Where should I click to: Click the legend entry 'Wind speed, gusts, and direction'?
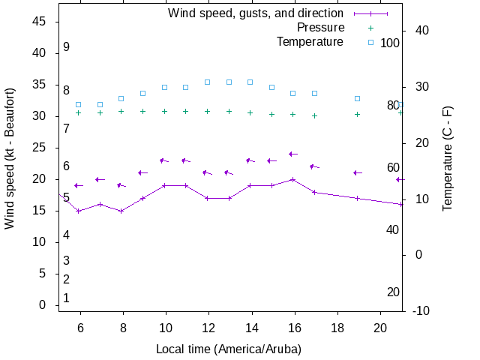(255, 13)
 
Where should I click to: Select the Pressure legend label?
(320, 28)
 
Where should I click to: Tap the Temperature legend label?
(310, 41)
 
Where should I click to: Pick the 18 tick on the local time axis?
(337, 327)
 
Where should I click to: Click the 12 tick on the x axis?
(208, 327)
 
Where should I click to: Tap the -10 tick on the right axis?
(420, 311)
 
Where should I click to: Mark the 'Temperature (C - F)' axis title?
(448, 157)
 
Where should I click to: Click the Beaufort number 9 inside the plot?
(67, 46)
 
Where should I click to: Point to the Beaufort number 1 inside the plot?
(67, 298)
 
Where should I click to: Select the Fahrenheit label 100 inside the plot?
(390, 43)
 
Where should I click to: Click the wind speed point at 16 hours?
(293, 179)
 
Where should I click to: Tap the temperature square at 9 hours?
(143, 93)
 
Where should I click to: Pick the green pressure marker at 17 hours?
(315, 115)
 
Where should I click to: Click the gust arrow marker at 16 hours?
(293, 154)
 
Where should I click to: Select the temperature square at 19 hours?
(358, 98)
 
